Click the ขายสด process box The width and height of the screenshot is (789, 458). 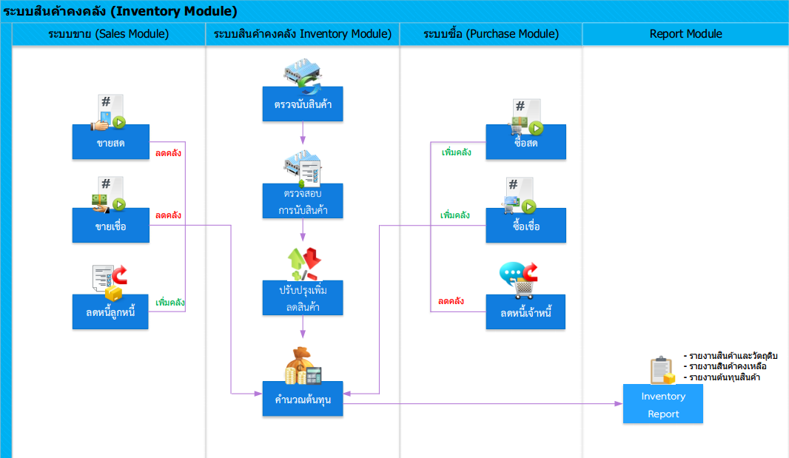[x=111, y=142]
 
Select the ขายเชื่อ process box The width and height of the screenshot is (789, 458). [x=111, y=226]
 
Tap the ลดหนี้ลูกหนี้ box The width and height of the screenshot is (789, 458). [x=110, y=312]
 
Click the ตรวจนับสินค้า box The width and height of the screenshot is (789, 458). [x=303, y=104]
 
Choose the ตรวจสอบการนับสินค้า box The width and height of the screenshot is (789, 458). [x=303, y=201]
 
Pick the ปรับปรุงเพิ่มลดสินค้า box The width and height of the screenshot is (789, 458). [x=303, y=298]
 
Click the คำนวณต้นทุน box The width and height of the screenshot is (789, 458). [x=303, y=399]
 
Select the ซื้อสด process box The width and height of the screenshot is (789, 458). [x=526, y=142]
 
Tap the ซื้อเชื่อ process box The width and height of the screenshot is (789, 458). [x=526, y=226]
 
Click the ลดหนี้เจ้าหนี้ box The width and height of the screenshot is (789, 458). [x=526, y=312]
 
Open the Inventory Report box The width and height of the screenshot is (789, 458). [x=662, y=404]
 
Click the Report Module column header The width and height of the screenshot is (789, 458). [x=685, y=34]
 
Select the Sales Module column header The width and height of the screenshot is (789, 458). [x=109, y=34]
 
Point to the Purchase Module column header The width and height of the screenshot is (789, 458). [x=491, y=34]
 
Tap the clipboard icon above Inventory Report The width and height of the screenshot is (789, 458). [x=662, y=371]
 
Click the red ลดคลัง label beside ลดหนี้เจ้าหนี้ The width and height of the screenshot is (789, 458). [x=451, y=301]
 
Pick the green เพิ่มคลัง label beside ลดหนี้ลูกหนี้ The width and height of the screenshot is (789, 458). [x=170, y=303]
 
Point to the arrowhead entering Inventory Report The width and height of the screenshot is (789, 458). [x=620, y=404]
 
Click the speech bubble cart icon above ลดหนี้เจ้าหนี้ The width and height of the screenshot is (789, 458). [x=518, y=280]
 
